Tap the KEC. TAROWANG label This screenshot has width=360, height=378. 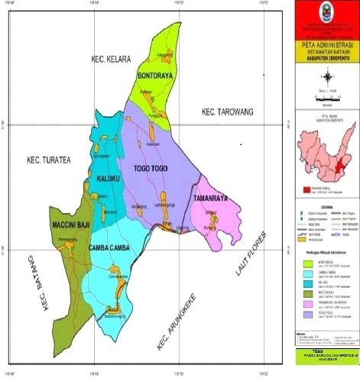(229, 112)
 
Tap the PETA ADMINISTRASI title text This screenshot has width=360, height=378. (326, 47)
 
